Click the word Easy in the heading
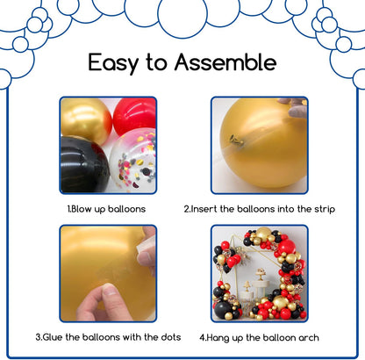click(113, 62)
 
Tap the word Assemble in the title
click(225, 62)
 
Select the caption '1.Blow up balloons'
click(106, 209)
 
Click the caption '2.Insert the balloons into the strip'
click(260, 209)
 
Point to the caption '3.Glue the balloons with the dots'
click(108, 337)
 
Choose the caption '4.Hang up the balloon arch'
click(259, 337)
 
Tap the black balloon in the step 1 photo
click(85, 164)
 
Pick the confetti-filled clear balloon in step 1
click(133, 161)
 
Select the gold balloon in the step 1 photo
click(86, 120)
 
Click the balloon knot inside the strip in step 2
click(237, 140)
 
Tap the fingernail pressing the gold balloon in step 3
click(109, 290)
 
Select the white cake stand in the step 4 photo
click(261, 285)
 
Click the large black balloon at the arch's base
click(223, 309)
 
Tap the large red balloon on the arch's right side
click(287, 247)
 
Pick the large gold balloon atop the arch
click(263, 234)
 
